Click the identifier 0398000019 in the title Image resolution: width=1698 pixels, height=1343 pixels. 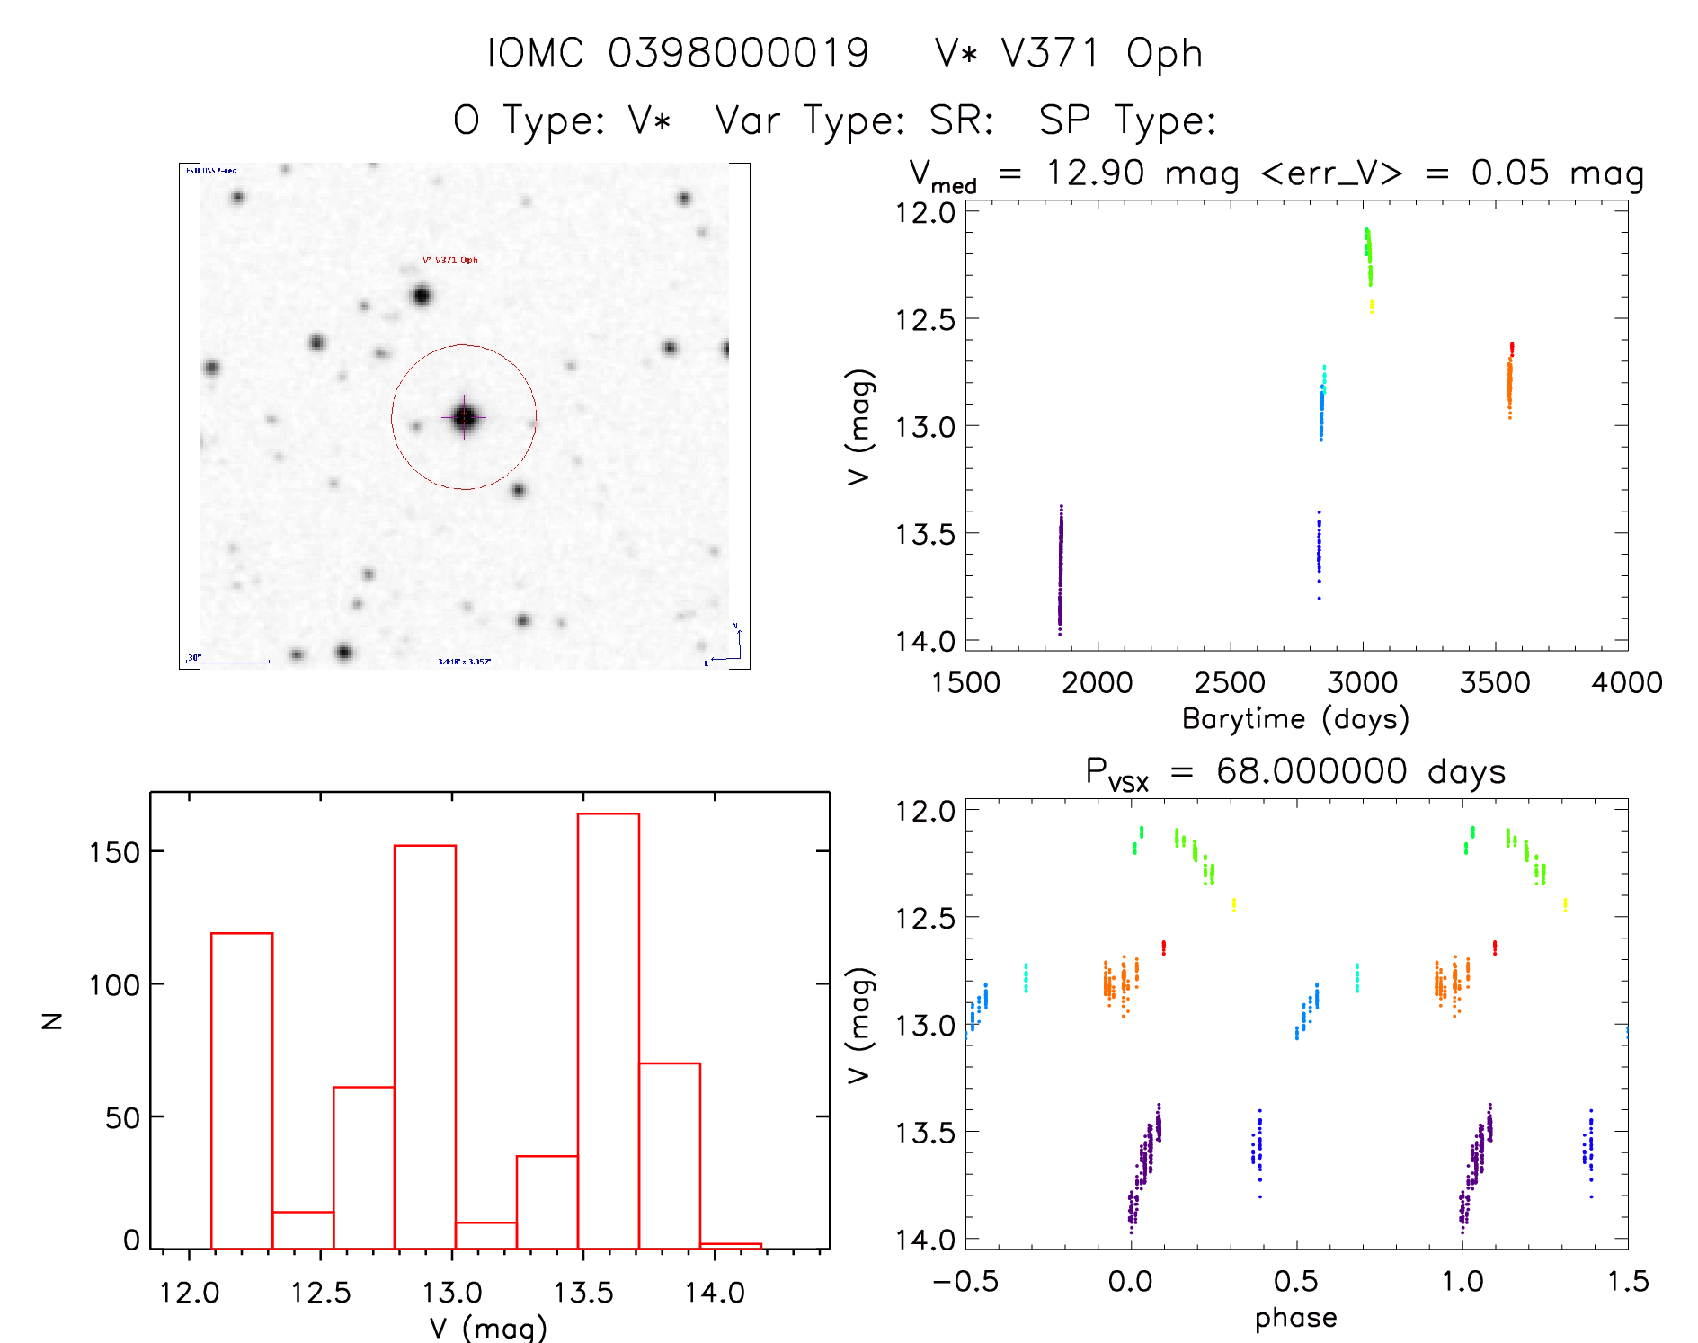pos(738,54)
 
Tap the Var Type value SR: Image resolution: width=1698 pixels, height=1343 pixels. pos(961,120)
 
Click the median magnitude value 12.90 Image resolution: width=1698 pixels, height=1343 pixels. pos(1095,173)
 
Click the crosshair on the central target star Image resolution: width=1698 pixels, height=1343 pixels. pos(464,417)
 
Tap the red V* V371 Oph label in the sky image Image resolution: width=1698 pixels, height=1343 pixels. pos(450,261)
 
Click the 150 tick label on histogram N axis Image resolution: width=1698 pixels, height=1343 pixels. pos(114,852)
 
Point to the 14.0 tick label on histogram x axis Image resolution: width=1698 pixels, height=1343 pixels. pos(715,1293)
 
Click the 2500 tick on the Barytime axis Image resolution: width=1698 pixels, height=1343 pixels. pos(1230,683)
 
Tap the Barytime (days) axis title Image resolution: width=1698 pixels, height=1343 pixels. pos(1295,719)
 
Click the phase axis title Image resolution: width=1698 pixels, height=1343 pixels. pos(1295,1318)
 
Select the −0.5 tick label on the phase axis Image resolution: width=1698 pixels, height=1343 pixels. pos(965,1282)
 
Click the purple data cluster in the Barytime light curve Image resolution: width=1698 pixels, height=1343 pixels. pos(1060,566)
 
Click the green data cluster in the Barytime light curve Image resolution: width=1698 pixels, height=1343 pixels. pos(1368,256)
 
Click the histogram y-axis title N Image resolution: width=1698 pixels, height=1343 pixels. pos(52,1020)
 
